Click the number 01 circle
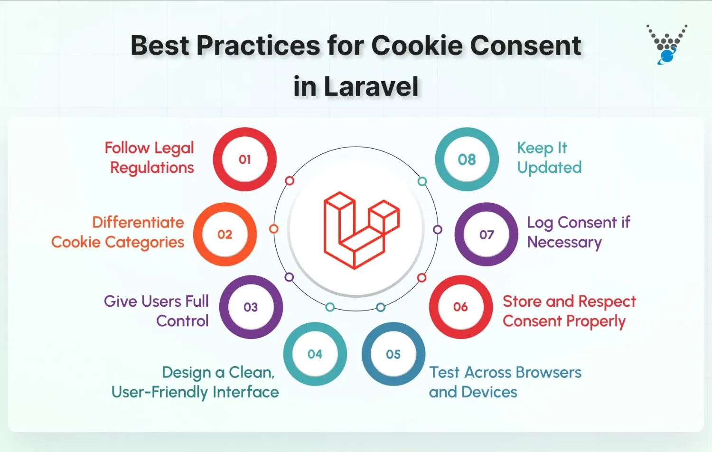click(x=244, y=160)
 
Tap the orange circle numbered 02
click(x=225, y=235)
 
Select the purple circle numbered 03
click(x=251, y=307)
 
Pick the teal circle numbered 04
click(x=315, y=354)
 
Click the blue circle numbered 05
click(x=393, y=354)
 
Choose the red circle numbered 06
click(x=460, y=307)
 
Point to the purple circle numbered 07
click(x=487, y=235)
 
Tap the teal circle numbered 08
click(x=467, y=160)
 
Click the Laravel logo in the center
click(x=361, y=230)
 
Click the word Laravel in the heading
click(x=371, y=87)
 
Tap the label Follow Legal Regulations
click(x=150, y=158)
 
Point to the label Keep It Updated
click(x=549, y=158)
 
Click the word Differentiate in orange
click(x=138, y=222)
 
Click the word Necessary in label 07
click(x=564, y=242)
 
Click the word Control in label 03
click(x=182, y=321)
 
